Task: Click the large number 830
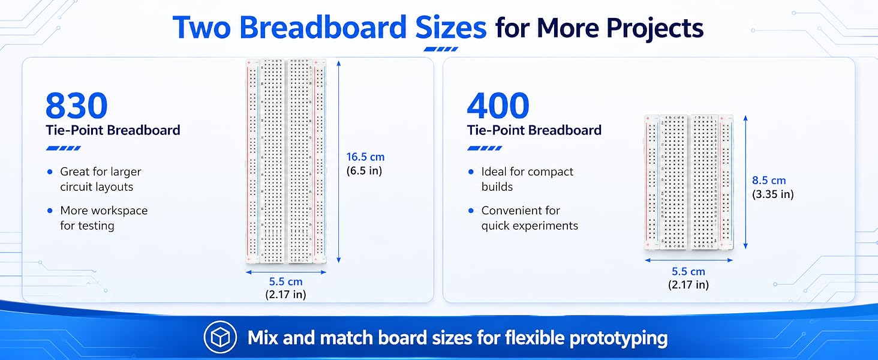[x=76, y=105]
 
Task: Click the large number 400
[x=498, y=105]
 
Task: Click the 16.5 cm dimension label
[x=365, y=157]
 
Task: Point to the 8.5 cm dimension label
[x=769, y=181]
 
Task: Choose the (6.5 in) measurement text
[x=364, y=170]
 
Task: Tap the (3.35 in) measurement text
[x=772, y=194]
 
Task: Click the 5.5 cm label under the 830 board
[x=285, y=281]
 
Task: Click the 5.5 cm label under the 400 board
[x=688, y=271]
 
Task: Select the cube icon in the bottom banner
[x=220, y=337]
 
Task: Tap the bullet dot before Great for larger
[x=50, y=172]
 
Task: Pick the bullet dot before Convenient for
[x=471, y=211]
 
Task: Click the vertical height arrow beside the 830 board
[x=339, y=161]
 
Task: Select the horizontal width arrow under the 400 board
[x=688, y=260]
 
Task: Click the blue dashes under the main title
[x=441, y=49]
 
